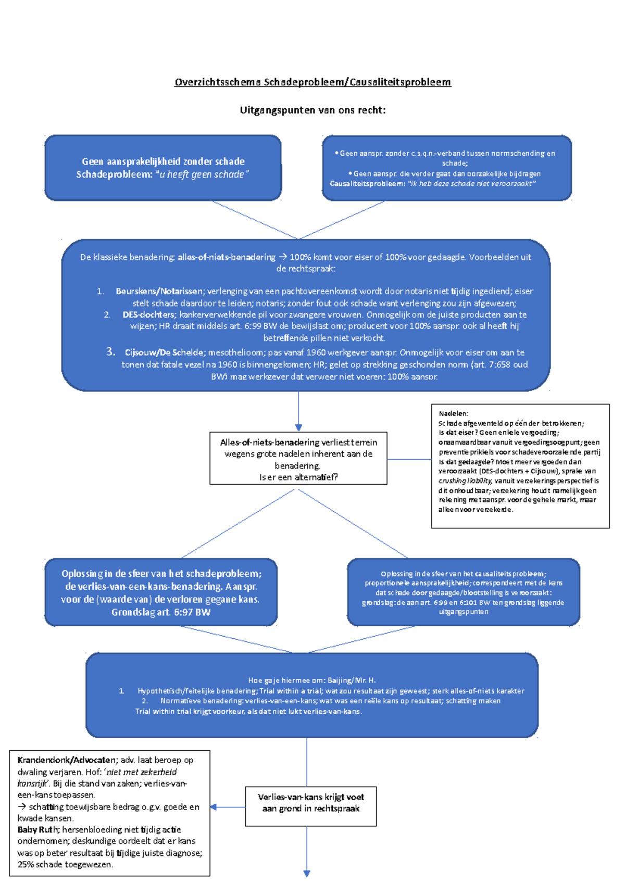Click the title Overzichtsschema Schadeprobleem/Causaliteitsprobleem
point(312,82)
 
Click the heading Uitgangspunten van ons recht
point(312,110)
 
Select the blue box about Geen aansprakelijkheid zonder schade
point(163,168)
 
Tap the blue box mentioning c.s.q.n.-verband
point(447,168)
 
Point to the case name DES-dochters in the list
point(148,314)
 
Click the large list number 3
point(110,351)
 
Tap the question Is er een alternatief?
point(298,477)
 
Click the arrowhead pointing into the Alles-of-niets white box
point(298,428)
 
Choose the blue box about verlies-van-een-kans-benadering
point(161,592)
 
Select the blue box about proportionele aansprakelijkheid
point(463,592)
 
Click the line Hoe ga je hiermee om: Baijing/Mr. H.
point(312,680)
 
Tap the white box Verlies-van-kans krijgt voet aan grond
point(311,806)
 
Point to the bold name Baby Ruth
point(37,829)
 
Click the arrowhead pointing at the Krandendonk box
point(213,807)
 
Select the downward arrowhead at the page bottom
point(307,873)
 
